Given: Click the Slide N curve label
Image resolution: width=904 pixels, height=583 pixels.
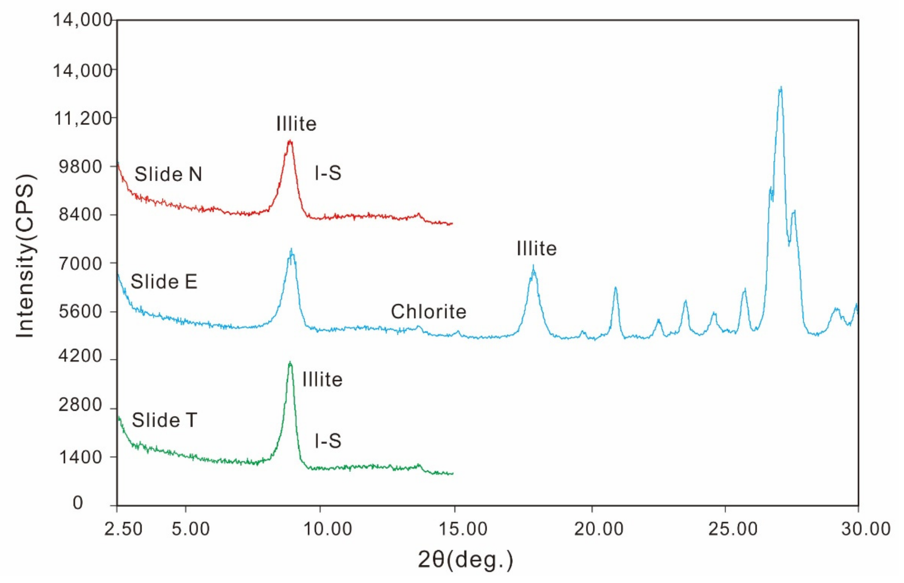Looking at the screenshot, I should point(168,174).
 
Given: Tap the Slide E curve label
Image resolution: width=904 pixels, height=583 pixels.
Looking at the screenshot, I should point(164,282).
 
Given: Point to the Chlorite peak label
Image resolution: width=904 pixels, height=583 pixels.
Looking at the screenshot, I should point(428,312).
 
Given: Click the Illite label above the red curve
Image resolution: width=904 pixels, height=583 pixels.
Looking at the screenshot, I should point(296,124).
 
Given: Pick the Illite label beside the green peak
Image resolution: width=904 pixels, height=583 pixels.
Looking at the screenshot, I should point(322,380).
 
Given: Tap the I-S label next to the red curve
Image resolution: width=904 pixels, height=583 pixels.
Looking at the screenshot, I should point(328,173).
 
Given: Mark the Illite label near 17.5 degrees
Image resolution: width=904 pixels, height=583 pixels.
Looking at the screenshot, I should point(537,249).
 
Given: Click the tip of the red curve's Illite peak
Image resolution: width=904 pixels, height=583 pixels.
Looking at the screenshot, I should point(290,141).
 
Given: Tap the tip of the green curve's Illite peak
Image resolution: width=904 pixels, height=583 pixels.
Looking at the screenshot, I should point(290,362).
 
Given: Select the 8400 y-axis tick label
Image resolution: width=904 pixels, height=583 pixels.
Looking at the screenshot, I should point(81,215).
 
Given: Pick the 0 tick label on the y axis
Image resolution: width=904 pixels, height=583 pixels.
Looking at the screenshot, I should point(78,503).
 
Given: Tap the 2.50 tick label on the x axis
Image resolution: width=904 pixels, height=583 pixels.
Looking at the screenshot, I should point(123,529).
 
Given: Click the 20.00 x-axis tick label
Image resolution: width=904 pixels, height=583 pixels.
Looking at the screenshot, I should point(599,529).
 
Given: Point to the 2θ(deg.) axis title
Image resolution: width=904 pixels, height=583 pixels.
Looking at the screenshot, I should point(465,560).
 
